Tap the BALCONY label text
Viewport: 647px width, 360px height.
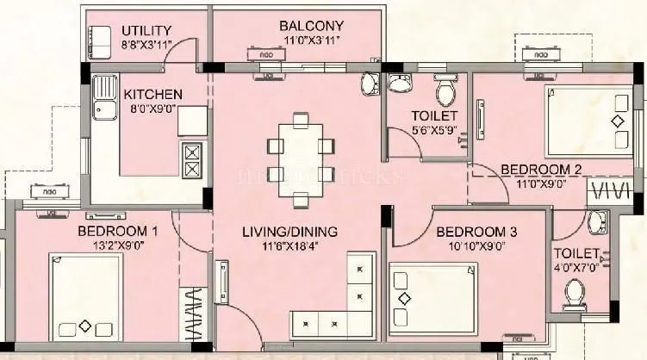coord(311,26)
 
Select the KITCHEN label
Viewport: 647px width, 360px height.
coord(152,94)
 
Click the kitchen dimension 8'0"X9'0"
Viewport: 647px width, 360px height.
coord(152,109)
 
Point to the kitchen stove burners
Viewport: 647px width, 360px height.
coord(192,161)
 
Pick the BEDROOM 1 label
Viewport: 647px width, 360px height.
coord(117,231)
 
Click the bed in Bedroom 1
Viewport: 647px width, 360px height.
coord(86,297)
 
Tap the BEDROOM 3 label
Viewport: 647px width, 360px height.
coord(476,232)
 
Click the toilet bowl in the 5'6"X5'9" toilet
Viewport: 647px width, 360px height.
coord(445,90)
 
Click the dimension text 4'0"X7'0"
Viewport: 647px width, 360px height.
coord(576,268)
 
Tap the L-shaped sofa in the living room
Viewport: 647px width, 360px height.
coord(345,301)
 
